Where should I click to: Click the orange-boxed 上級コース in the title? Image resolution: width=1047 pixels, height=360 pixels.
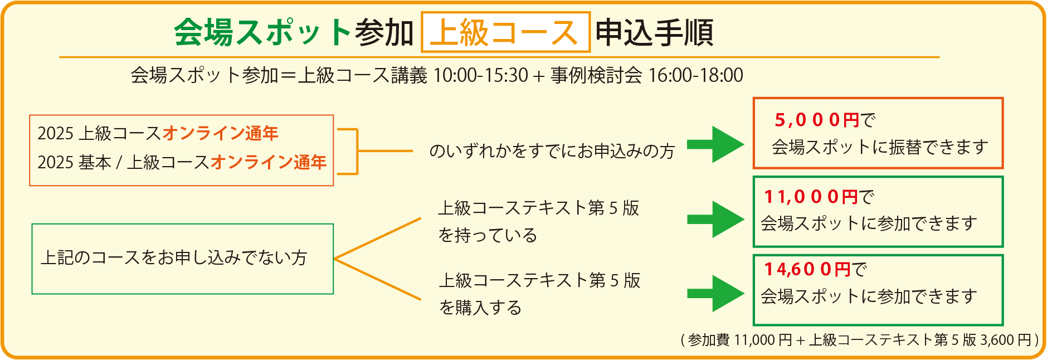505,32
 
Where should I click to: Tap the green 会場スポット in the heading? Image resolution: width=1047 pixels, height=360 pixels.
262,32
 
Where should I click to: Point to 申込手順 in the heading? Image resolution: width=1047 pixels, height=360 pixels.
654,32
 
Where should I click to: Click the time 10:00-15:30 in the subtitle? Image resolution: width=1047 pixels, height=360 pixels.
480,75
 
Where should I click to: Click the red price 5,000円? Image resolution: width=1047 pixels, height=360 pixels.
817,120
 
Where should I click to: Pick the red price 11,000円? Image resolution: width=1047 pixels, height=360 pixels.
811,197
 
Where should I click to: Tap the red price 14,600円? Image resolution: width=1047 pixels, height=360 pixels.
807,270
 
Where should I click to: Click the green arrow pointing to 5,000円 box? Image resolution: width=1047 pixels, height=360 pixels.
715,144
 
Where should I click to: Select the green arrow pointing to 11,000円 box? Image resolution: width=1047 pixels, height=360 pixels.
715,220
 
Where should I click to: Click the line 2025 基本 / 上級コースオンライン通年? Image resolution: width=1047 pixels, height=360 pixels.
182,162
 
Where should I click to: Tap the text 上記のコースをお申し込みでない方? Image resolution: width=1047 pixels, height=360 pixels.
174,257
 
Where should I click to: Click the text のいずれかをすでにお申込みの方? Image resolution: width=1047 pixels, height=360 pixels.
552,151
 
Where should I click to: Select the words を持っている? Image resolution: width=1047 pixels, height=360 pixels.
488,235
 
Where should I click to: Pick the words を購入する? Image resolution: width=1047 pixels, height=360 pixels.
480,308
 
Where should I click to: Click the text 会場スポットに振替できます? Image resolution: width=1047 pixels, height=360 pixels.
880,147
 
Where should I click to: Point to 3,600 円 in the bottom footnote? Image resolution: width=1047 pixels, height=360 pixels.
1006,339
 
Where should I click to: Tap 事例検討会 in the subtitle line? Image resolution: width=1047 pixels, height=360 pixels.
596,75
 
